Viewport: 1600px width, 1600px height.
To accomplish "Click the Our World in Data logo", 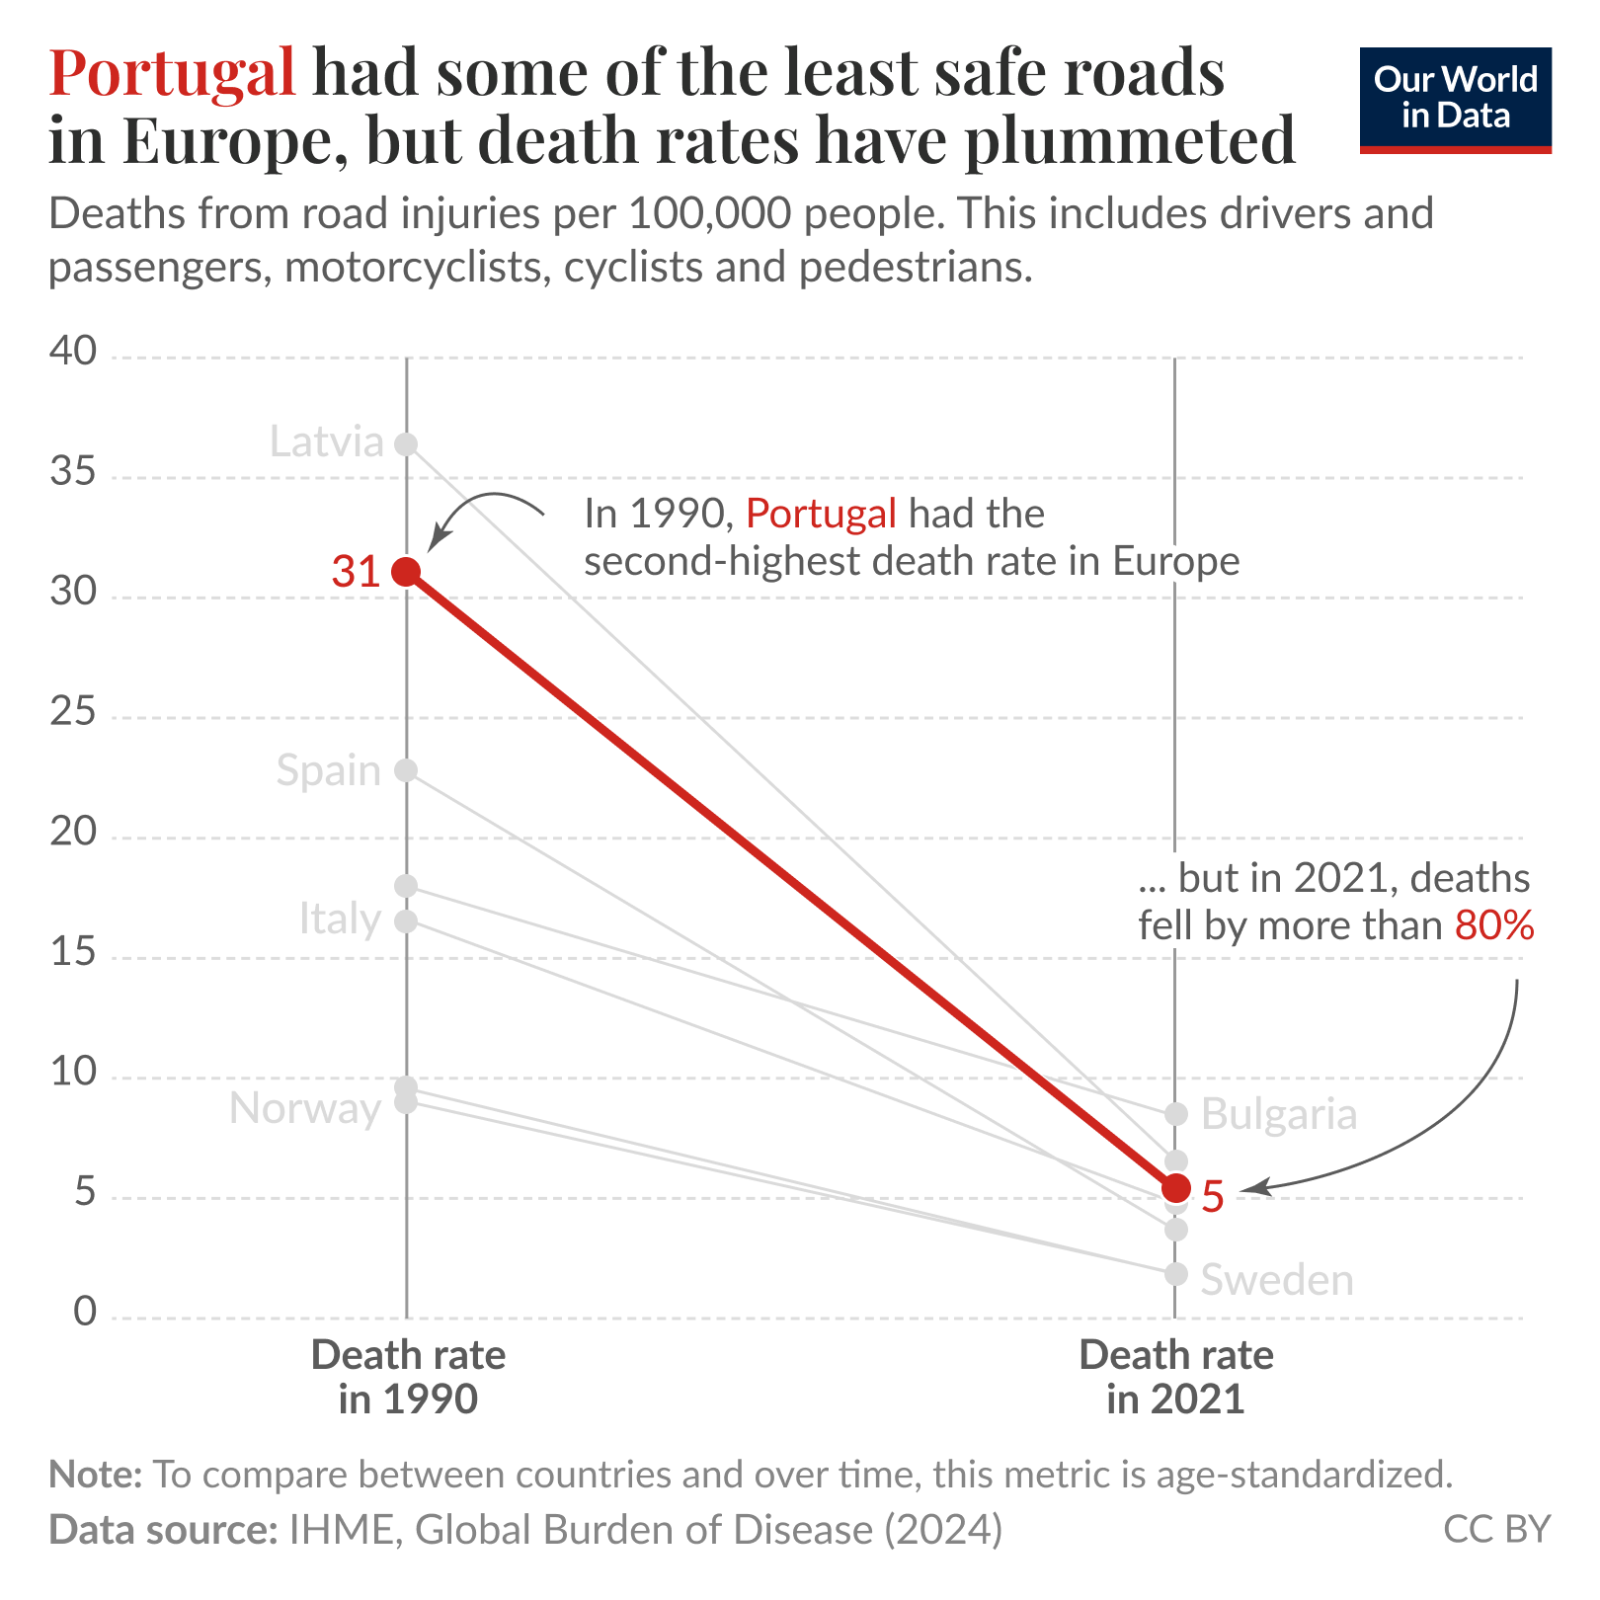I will tap(1455, 100).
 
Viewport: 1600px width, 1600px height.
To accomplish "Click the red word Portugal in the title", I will tap(173, 72).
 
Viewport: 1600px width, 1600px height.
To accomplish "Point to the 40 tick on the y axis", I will tap(73, 353).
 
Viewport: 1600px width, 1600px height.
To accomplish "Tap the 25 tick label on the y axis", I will tap(73, 713).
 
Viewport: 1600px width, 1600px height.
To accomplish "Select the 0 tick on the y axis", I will tap(86, 1313).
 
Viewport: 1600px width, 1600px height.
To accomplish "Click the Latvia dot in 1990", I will tap(406, 444).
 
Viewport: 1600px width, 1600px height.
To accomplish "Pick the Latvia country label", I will tap(326, 441).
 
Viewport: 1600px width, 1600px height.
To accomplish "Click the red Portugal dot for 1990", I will tap(406, 571).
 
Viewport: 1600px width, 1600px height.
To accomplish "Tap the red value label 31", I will tap(356, 572).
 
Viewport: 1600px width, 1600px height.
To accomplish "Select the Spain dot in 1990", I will tap(406, 770).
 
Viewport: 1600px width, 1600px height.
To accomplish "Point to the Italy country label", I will tap(340, 920).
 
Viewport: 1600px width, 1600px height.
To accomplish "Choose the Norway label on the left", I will tap(304, 1109).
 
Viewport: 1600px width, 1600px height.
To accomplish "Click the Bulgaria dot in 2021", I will tap(1175, 1114).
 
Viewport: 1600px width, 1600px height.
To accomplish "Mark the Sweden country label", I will tap(1277, 1280).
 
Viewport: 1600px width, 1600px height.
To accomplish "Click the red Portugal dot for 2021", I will tap(1175, 1187).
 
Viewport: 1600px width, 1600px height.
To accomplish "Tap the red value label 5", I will tap(1214, 1197).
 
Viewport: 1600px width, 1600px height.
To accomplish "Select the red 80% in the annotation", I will tap(1494, 925).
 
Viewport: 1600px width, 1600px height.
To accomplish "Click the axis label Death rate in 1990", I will tap(408, 1377).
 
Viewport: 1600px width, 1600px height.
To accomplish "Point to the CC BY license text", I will tap(1496, 1529).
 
